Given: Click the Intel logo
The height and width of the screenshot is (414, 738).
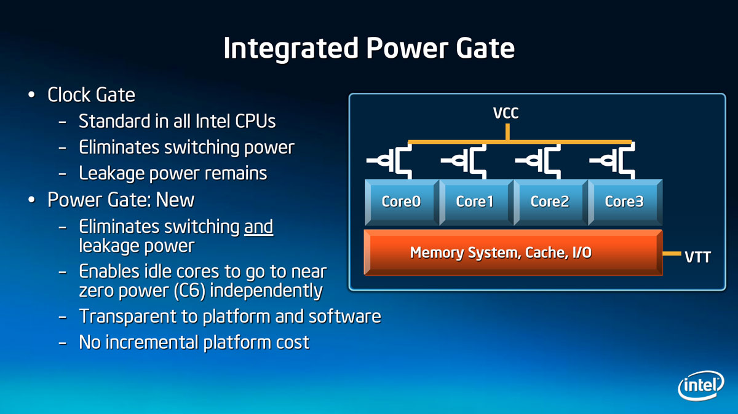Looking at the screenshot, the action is (700, 385).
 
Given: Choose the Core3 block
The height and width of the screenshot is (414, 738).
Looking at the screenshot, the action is (625, 202).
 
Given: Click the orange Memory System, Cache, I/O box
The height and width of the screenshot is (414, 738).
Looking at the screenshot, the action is (514, 252).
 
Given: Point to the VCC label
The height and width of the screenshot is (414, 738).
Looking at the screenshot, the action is (506, 113).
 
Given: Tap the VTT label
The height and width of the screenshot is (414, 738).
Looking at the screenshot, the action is (697, 257).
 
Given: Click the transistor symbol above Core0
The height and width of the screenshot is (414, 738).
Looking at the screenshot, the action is (389, 161).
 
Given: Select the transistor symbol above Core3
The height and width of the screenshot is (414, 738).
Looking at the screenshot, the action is (613, 161).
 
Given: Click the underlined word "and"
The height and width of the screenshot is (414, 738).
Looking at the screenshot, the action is (259, 227).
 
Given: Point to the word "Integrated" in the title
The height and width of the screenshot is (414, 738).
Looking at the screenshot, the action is (291, 49).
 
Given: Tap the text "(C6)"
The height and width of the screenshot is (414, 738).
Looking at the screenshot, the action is (189, 291).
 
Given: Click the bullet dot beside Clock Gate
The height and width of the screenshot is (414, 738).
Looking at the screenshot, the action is (31, 95).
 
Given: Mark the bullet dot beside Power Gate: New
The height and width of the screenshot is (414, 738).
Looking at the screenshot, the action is (31, 200).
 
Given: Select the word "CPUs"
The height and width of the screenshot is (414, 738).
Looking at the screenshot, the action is (255, 121).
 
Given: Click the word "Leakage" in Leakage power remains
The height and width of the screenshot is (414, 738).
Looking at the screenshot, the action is (112, 173).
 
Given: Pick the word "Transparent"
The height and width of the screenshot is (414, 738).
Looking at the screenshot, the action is (127, 316).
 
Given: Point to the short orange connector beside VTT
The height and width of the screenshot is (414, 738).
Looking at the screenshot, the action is (672, 254).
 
